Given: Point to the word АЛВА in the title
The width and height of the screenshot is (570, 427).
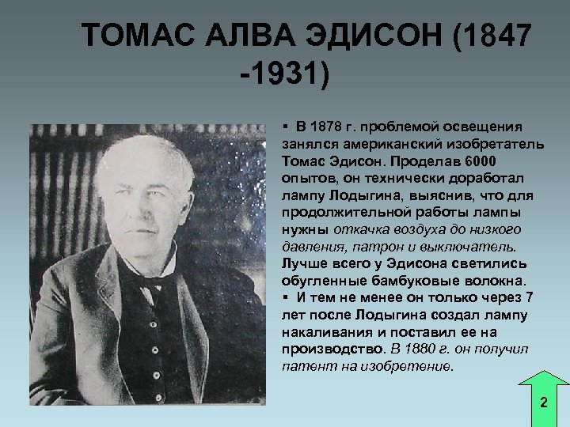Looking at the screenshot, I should coord(252,36).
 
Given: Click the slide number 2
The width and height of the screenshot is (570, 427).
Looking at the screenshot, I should coord(543,402).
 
